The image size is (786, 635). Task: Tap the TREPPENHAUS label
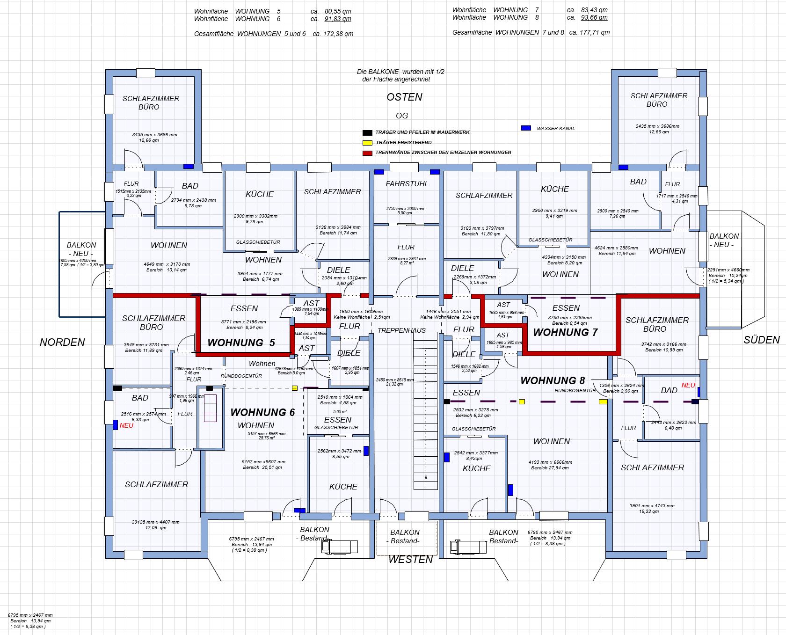pyautogui.click(x=401, y=330)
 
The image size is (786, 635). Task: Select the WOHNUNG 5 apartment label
pyautogui.click(x=241, y=343)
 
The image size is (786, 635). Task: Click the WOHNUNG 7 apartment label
pyautogui.click(x=565, y=333)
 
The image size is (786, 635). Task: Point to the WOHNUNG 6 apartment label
pyautogui.click(x=262, y=412)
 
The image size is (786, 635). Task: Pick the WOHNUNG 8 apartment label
pyautogui.click(x=553, y=380)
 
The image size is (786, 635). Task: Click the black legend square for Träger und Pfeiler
pyautogui.click(x=367, y=132)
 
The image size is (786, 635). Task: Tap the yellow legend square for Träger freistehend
pyautogui.click(x=367, y=142)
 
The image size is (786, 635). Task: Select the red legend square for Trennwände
pyautogui.click(x=367, y=153)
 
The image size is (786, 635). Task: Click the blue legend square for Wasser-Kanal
pyautogui.click(x=526, y=128)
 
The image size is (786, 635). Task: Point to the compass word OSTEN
pyautogui.click(x=404, y=97)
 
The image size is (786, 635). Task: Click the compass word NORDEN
pyautogui.click(x=62, y=342)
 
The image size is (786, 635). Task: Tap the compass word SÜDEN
pyautogui.click(x=762, y=340)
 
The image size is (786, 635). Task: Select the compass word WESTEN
pyautogui.click(x=410, y=559)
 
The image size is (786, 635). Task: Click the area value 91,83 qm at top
pyautogui.click(x=337, y=19)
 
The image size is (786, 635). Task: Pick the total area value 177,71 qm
pyautogui.click(x=594, y=32)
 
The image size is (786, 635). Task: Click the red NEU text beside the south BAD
pyautogui.click(x=688, y=385)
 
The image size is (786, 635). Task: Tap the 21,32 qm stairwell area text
pyautogui.click(x=394, y=384)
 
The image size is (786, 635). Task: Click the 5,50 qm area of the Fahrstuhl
pyautogui.click(x=405, y=213)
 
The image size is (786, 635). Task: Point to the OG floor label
pyautogui.click(x=402, y=116)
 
